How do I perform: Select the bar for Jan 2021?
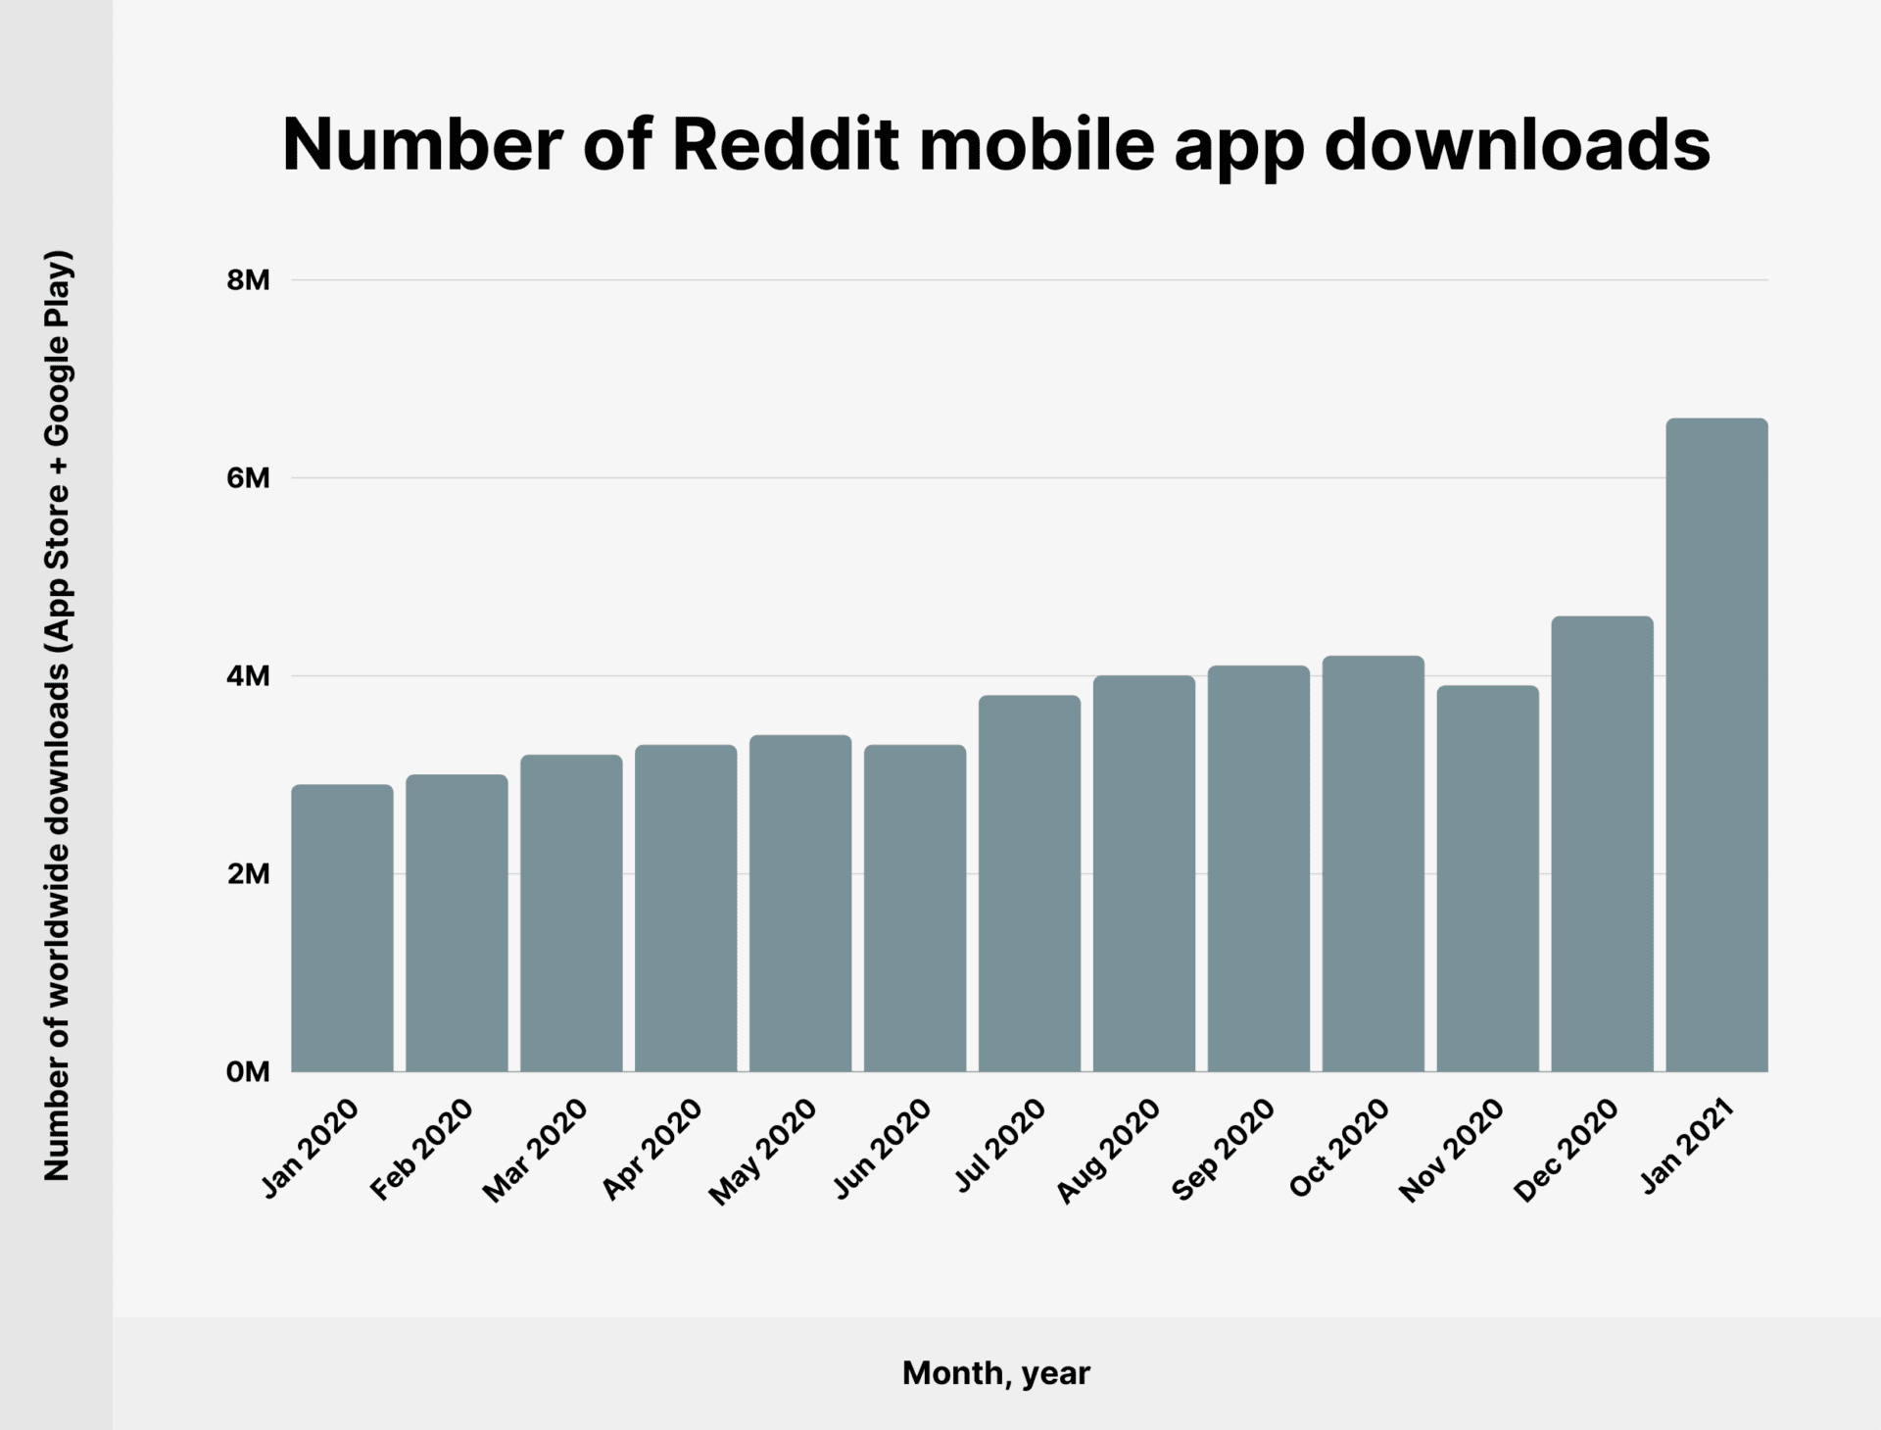pyautogui.click(x=1716, y=745)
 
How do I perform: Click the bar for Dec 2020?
pyautogui.click(x=1602, y=844)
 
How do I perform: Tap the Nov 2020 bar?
pyautogui.click(x=1487, y=878)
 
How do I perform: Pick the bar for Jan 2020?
pyautogui.click(x=342, y=927)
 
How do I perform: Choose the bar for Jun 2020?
pyautogui.click(x=915, y=908)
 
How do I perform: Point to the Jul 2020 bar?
pyautogui.click(x=1030, y=883)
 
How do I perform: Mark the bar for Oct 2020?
pyautogui.click(x=1373, y=863)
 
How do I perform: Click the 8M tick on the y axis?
pyautogui.click(x=248, y=280)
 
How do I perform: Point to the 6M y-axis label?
pyautogui.click(x=248, y=478)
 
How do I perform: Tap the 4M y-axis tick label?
pyautogui.click(x=248, y=676)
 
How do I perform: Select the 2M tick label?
pyautogui.click(x=248, y=874)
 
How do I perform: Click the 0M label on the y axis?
pyautogui.click(x=248, y=1072)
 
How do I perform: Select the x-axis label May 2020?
pyautogui.click(x=763, y=1152)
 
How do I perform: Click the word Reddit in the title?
pyautogui.click(x=785, y=145)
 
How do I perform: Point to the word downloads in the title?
pyautogui.click(x=1517, y=145)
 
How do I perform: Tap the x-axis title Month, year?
pyautogui.click(x=995, y=1373)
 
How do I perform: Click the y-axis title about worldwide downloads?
pyautogui.click(x=57, y=715)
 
